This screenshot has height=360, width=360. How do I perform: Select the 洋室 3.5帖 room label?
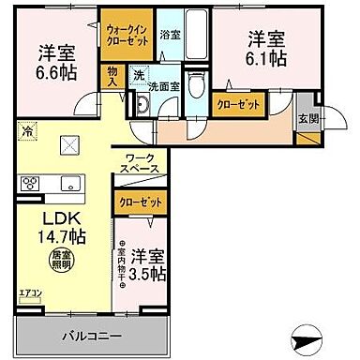tap(147, 264)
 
